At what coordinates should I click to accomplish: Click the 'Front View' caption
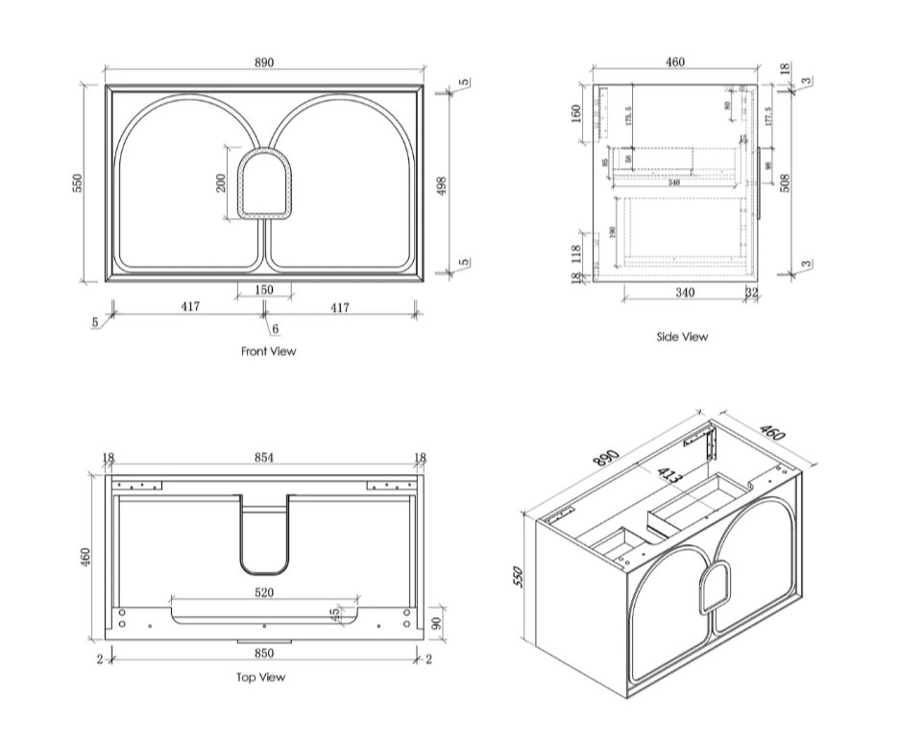268,351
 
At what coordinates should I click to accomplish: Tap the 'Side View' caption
682,337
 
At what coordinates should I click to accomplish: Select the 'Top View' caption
260,677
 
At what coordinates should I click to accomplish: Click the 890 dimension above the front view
264,62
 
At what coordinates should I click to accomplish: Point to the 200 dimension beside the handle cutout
221,182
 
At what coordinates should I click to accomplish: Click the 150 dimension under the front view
264,290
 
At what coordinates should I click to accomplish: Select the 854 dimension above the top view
264,458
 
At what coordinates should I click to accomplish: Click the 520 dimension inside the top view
264,593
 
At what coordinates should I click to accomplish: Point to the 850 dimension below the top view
264,654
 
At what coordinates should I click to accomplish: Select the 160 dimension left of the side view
576,113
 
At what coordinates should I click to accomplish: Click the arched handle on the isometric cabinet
713,586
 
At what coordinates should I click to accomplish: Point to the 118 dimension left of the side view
576,253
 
